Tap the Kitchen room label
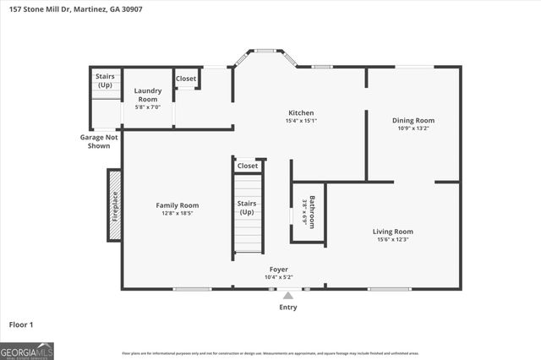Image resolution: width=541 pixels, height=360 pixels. coord(302,112)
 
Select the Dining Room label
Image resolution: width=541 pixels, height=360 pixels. coord(413,120)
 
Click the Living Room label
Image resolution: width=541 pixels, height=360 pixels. coord(392,231)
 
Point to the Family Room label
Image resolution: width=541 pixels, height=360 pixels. coord(177,205)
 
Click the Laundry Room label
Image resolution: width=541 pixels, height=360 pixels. coord(148,95)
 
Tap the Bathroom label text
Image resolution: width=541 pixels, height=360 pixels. coord(312,212)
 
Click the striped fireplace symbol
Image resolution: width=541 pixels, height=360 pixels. coord(114,205)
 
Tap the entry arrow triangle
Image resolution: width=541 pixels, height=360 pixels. coord(288,296)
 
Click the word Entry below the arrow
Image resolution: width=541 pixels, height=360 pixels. coord(288,307)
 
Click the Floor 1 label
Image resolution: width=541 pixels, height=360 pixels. coord(20,324)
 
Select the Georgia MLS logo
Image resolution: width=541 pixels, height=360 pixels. coord(27,350)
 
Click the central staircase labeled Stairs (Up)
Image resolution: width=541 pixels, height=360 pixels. coord(248,211)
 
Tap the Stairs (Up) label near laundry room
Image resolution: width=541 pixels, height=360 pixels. coord(105,80)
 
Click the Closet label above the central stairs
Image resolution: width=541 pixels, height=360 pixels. coord(248,166)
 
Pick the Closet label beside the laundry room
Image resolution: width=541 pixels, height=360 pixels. coord(186,79)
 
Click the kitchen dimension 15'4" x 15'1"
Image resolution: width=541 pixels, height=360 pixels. coord(302,120)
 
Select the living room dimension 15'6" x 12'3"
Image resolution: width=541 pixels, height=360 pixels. coord(392,239)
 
